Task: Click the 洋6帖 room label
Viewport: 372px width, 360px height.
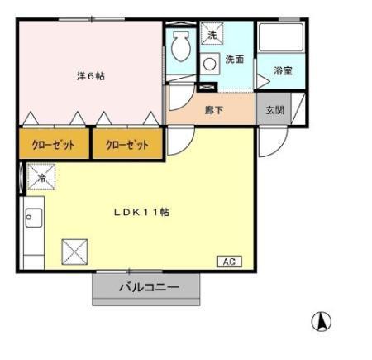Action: (91, 76)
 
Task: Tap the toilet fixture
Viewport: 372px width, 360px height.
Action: (179, 50)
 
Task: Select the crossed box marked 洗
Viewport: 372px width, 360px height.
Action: (210, 35)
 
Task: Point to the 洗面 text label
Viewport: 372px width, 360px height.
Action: (234, 60)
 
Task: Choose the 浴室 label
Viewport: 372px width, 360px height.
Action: (282, 70)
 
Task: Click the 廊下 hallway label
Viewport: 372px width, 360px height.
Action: (213, 108)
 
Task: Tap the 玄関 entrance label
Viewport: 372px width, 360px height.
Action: (274, 108)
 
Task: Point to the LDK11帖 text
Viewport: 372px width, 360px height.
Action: (141, 212)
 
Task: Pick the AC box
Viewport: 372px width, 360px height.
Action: (227, 262)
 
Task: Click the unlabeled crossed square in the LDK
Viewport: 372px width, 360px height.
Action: (75, 250)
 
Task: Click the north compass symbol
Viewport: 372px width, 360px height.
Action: (321, 320)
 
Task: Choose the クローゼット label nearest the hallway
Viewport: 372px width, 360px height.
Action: (127, 146)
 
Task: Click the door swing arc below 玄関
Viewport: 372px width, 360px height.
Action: (268, 141)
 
